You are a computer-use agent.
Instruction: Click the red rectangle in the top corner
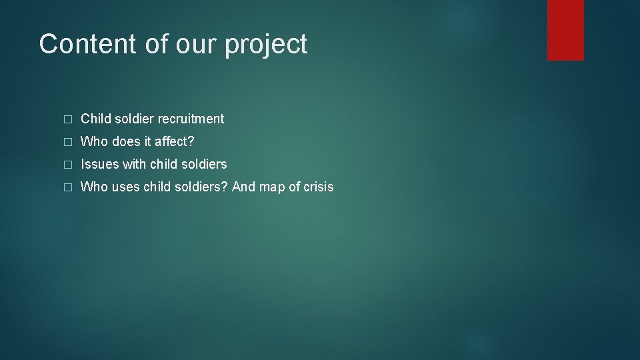[565, 30]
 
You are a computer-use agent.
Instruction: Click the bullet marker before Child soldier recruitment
[66, 119]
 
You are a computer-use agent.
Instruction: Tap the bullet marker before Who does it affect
[66, 142]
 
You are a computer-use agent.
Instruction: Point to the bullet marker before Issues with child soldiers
[66, 165]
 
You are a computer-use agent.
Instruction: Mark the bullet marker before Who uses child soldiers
[66, 187]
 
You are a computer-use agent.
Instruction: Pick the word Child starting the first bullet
[95, 119]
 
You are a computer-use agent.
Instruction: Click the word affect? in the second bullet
[174, 141]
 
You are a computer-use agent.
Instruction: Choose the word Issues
[99, 164]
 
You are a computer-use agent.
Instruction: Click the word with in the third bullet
[134, 164]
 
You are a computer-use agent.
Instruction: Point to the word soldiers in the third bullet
[201, 164]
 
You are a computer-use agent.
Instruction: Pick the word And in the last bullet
[243, 187]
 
